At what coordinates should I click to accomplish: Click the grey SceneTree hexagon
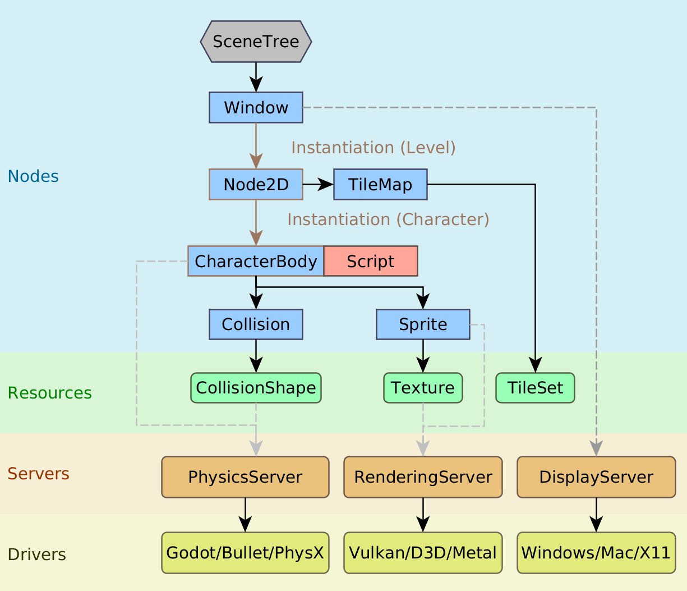[x=256, y=42]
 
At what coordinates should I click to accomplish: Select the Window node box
[x=256, y=107]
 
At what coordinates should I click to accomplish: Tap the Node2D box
[x=256, y=184]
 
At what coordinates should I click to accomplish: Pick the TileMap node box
[x=380, y=184]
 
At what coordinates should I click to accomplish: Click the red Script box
[x=370, y=261]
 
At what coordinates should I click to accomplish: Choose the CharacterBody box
[x=256, y=261]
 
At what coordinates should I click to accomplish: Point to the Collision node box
[x=256, y=324]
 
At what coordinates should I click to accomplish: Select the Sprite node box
[x=423, y=324]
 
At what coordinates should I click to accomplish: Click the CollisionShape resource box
[x=256, y=388]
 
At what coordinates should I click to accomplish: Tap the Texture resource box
[x=423, y=388]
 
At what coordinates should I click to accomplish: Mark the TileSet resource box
[x=535, y=388]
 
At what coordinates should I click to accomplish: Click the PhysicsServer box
[x=245, y=477]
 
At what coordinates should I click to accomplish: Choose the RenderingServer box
[x=423, y=477]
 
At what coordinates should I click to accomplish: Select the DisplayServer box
[x=596, y=477]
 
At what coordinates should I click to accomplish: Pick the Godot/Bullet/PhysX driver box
[x=245, y=553]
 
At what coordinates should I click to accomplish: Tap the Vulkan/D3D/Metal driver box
[x=423, y=553]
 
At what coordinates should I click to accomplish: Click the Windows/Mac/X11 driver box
[x=596, y=553]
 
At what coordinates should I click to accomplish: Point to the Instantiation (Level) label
[x=374, y=148]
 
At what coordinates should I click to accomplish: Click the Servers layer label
[x=38, y=474]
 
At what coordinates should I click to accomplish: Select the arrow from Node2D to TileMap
[x=318, y=184]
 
